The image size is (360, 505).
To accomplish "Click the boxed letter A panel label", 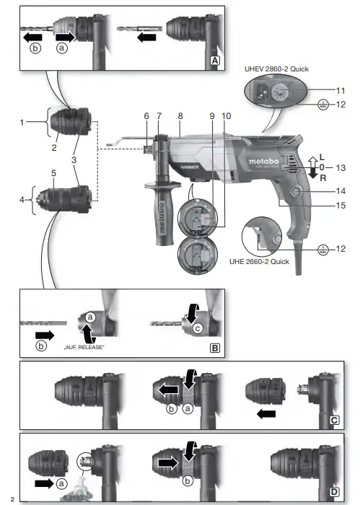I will click(x=214, y=61).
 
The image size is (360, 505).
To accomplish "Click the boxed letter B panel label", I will click(x=214, y=348).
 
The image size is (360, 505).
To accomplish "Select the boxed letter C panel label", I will click(x=335, y=419).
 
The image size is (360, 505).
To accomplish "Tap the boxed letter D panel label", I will click(x=335, y=491).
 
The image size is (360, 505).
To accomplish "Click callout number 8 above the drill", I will click(x=180, y=115).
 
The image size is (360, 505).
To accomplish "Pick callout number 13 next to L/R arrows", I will click(x=340, y=167).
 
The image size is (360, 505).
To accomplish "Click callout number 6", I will click(x=146, y=115).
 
